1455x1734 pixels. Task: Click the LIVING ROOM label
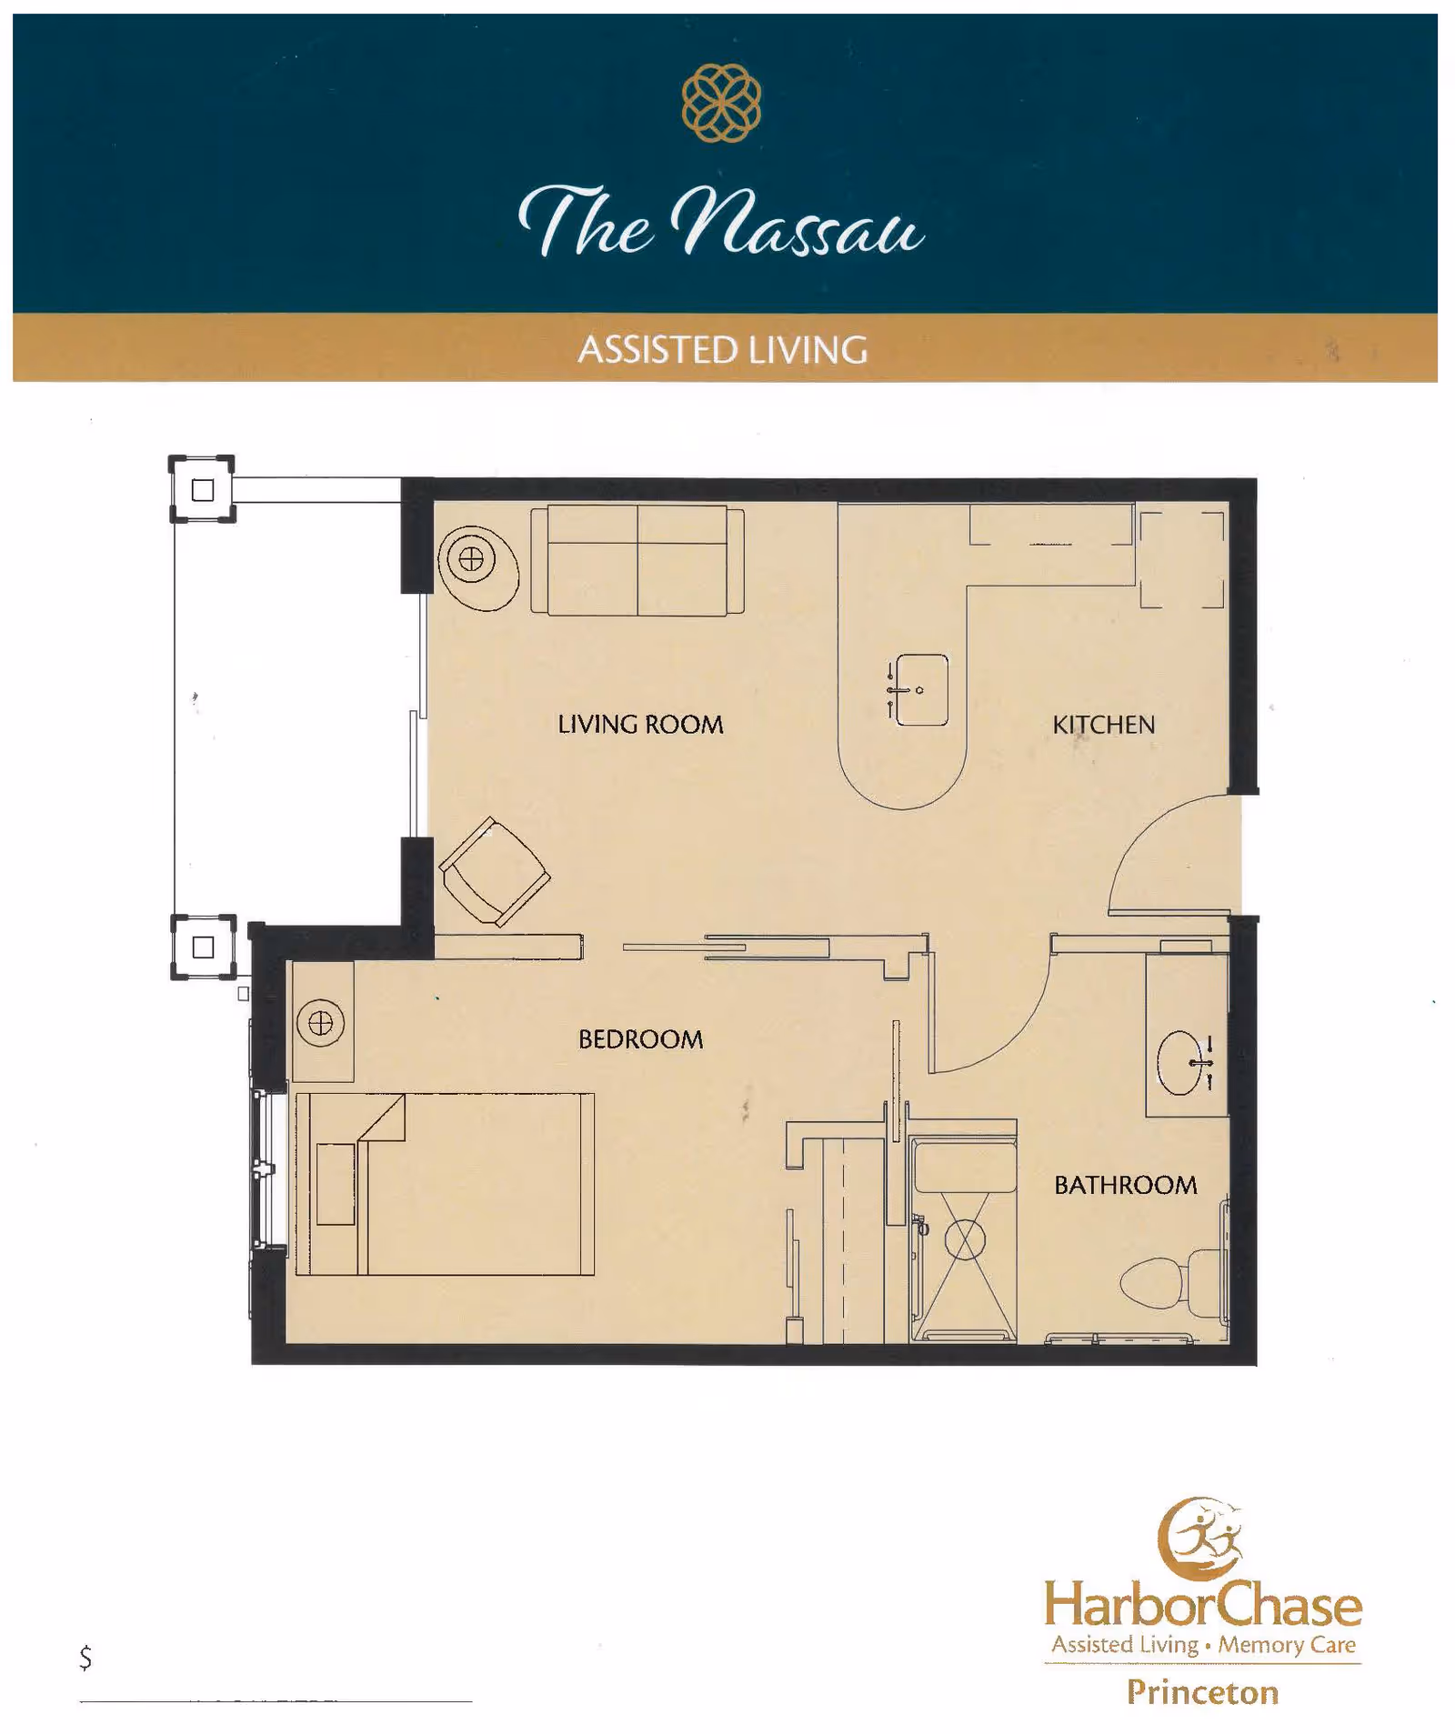coord(640,725)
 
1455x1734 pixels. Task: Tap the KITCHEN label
coord(1103,725)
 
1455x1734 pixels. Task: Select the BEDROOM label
coord(640,1039)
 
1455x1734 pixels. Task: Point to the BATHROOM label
coord(1125,1185)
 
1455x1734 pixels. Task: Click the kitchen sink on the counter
coord(921,690)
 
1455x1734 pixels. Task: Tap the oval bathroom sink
coord(1179,1062)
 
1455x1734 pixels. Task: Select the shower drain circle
coord(964,1240)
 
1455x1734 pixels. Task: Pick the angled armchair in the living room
coord(494,871)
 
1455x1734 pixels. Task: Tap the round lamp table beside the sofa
coord(472,560)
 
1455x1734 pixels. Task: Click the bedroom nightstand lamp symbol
coord(320,1024)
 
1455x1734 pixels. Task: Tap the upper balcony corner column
coord(202,489)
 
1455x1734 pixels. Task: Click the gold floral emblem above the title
coord(721,103)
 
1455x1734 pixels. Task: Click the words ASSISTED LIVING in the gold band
coord(723,350)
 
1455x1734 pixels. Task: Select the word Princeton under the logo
coord(1202,1692)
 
